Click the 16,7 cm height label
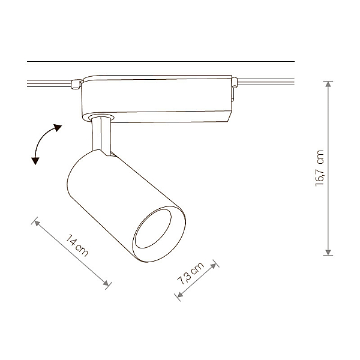[320, 168]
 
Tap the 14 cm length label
[77, 245]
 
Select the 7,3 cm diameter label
[190, 273]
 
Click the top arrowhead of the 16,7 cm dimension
[328, 84]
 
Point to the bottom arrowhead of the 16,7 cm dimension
[328, 252]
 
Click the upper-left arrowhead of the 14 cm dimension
[37, 223]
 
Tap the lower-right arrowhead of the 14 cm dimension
[106, 283]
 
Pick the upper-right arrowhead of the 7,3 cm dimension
[214, 266]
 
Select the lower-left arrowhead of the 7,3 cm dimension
[180, 295]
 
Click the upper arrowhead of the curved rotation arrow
[58, 127]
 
